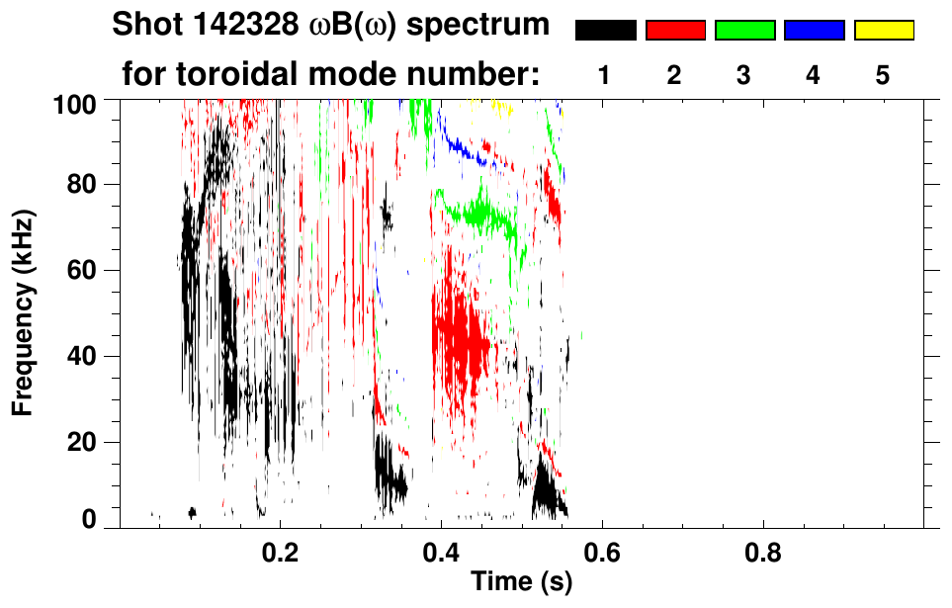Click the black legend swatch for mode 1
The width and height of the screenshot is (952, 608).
[x=605, y=31]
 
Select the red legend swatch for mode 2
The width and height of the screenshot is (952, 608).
[x=674, y=31]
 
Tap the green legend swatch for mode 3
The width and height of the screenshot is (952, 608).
[x=744, y=31]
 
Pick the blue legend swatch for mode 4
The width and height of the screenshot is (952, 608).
[x=814, y=31]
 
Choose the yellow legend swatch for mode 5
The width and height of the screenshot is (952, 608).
[x=883, y=31]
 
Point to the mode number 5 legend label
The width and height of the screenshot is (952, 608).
[x=883, y=75]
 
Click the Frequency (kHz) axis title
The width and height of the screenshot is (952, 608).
[x=24, y=311]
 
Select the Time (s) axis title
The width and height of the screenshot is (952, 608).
[x=521, y=582]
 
